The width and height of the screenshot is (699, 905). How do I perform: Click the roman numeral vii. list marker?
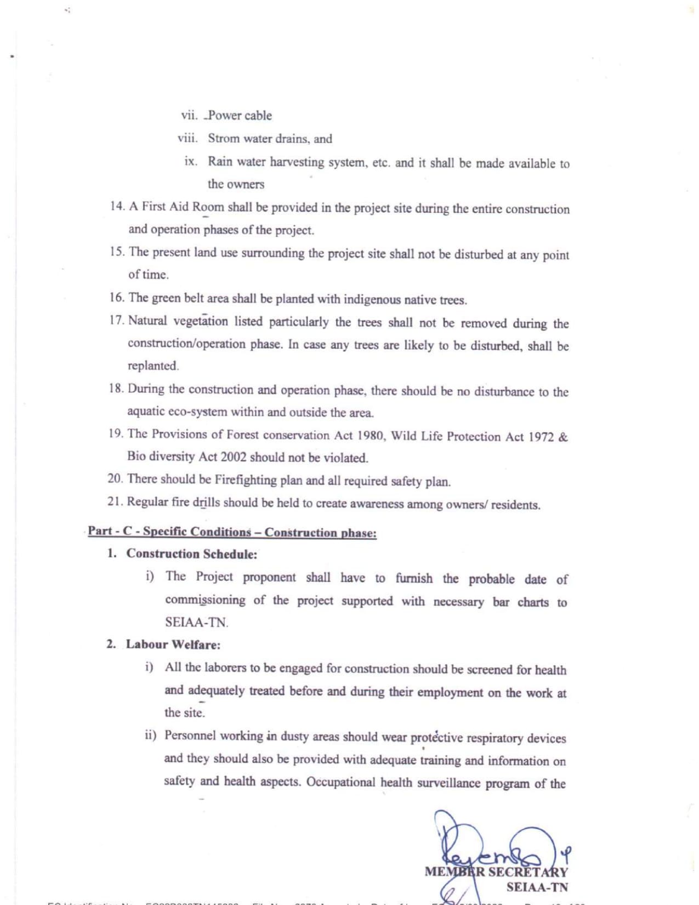tap(189, 115)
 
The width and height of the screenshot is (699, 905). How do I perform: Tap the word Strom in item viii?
tap(224, 138)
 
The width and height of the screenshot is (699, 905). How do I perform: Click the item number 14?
tap(117, 206)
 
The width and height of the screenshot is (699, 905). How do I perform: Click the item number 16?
tap(117, 297)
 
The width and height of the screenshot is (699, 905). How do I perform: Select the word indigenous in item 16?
tap(372, 299)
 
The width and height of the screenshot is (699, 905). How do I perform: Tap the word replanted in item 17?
tap(153, 366)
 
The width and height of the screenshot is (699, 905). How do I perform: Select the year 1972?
tap(541, 437)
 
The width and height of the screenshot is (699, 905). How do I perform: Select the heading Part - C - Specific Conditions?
tap(169, 531)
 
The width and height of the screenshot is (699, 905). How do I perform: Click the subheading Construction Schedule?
tap(192, 554)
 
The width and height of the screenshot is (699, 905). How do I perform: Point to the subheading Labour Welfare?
tap(173, 644)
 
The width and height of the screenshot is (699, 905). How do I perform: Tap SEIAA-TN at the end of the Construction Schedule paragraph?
tap(196, 623)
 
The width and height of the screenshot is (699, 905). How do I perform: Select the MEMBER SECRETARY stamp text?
tap(496, 872)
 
